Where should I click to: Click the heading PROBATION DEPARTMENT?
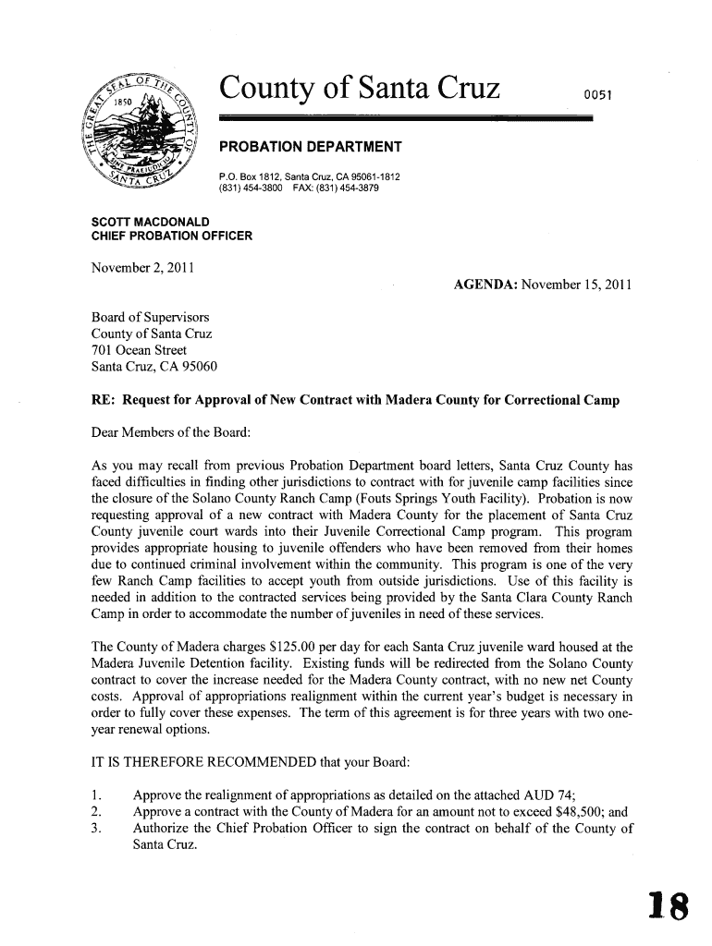click(309, 148)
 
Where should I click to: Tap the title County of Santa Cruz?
click(360, 90)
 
